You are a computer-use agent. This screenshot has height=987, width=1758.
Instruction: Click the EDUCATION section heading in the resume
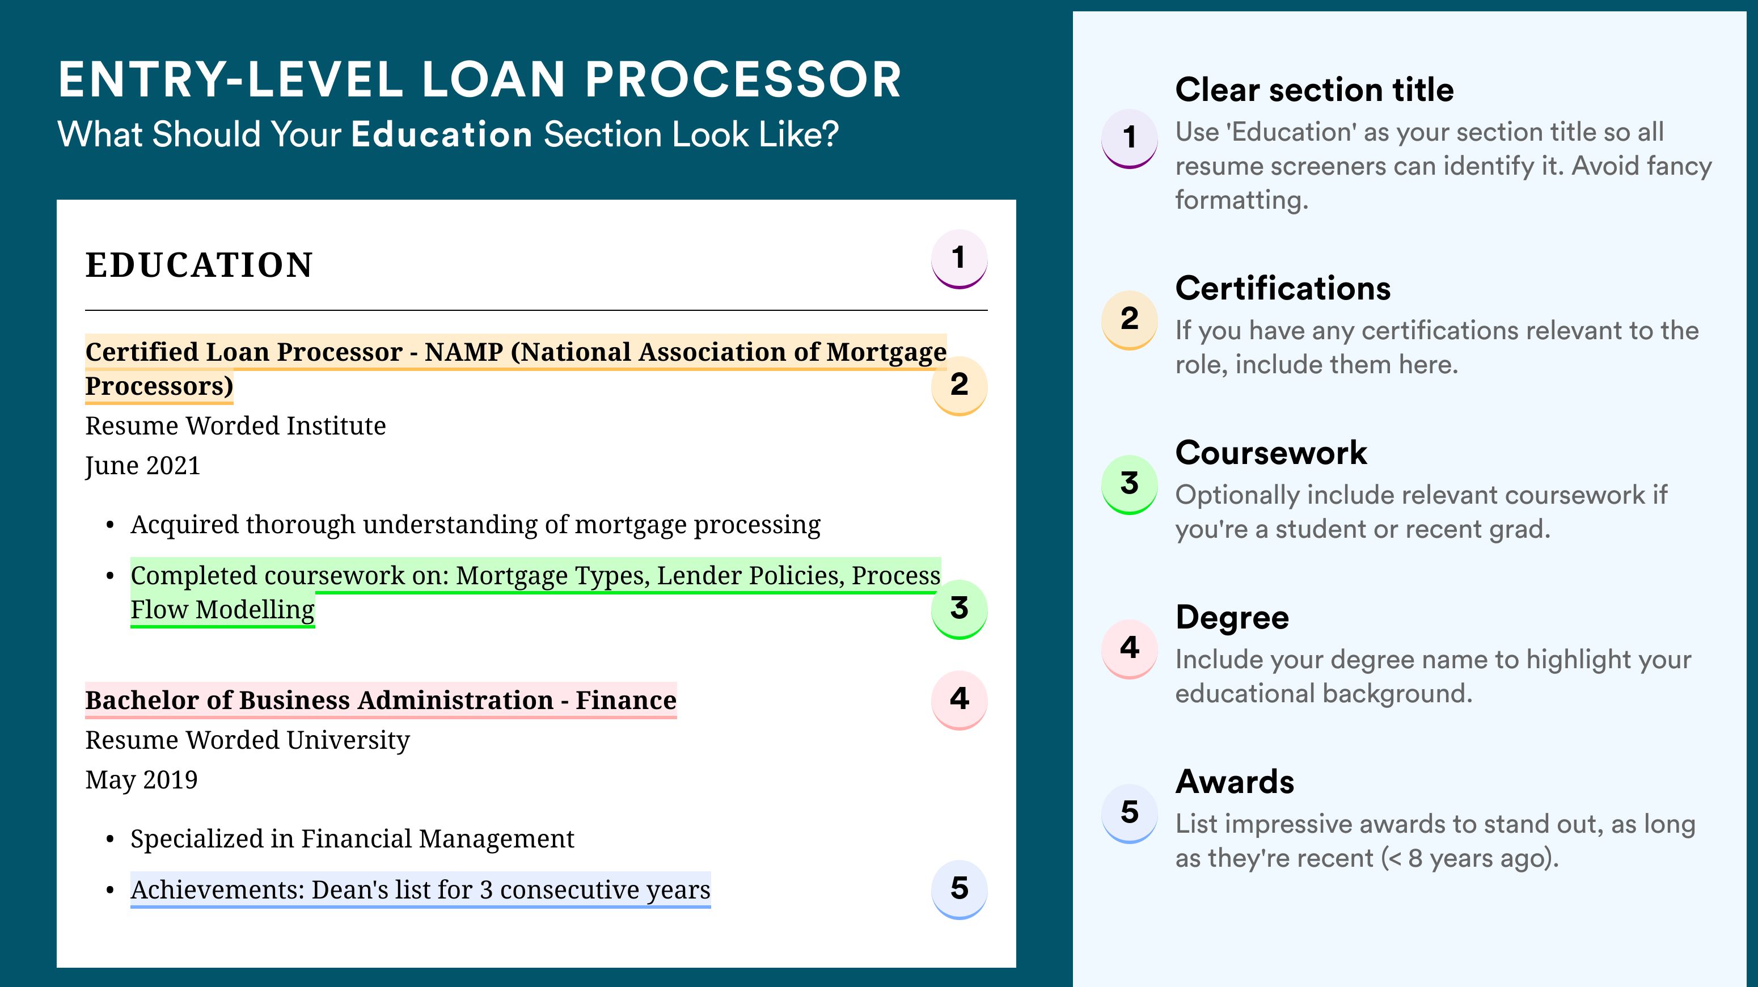(x=198, y=265)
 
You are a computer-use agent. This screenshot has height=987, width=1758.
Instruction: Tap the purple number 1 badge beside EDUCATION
(x=959, y=259)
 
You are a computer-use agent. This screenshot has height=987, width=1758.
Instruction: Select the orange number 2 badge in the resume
(x=959, y=386)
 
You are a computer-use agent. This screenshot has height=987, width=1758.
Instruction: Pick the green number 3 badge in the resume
(x=959, y=609)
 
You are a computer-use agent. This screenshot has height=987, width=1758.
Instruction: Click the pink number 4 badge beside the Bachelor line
(x=959, y=699)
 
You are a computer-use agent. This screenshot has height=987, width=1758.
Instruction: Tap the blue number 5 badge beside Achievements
(x=959, y=889)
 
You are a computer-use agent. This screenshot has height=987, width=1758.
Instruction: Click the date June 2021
(x=143, y=466)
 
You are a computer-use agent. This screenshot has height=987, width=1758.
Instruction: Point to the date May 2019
(x=141, y=780)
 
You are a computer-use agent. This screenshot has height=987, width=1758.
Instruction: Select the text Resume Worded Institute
(x=235, y=425)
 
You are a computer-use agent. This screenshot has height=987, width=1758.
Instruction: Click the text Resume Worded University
(x=247, y=740)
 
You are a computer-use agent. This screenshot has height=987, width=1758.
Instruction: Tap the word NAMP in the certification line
(x=464, y=352)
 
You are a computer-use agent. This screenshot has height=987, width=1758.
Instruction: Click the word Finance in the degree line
(x=626, y=701)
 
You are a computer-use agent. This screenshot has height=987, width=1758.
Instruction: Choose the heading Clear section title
(x=1315, y=90)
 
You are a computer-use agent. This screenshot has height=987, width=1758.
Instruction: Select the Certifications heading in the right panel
(x=1283, y=288)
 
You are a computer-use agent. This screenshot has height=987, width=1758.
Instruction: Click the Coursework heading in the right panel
(x=1271, y=453)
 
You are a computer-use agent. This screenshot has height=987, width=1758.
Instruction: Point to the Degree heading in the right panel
(x=1232, y=618)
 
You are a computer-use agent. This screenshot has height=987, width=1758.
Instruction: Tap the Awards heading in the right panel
(x=1235, y=782)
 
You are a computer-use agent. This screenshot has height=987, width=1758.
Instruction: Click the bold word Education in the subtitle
(x=442, y=134)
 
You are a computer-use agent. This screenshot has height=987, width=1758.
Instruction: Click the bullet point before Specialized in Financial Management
(x=110, y=840)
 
